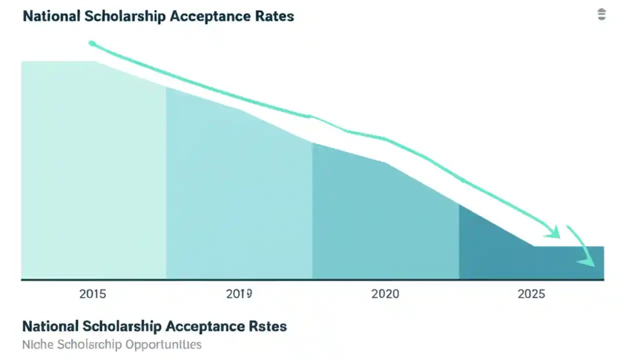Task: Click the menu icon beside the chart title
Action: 601,14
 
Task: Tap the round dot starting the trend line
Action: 92,43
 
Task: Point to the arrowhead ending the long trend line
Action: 554,232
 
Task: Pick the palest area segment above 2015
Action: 93,170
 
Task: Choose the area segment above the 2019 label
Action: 239,195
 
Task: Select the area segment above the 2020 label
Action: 385,220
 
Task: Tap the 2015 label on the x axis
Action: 92,294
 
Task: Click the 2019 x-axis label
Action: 238,294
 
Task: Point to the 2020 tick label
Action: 385,294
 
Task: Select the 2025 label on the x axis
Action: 531,294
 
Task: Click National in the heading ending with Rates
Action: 52,16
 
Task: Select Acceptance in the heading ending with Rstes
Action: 205,326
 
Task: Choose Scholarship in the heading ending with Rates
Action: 125,16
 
